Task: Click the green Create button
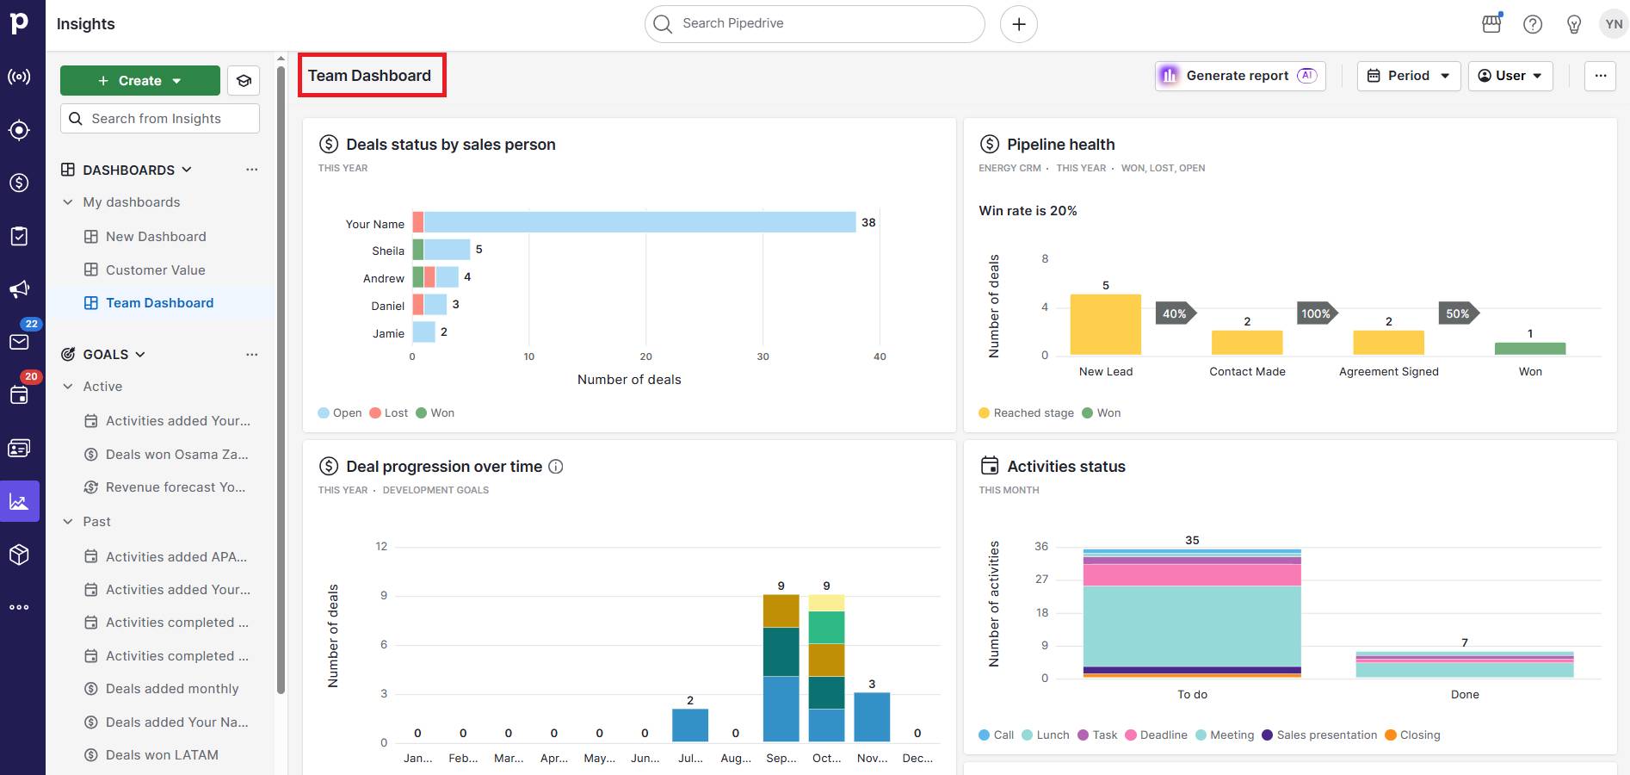coord(139,81)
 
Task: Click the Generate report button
coord(1239,76)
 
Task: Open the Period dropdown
coord(1408,76)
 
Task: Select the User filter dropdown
coord(1510,76)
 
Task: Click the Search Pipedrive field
coord(814,24)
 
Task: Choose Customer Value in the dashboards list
coord(155,270)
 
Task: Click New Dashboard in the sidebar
coord(156,237)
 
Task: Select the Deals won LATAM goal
coord(162,755)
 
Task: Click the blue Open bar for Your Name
coord(639,222)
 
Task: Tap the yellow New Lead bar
coord(1105,325)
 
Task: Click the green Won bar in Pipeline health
coord(1529,349)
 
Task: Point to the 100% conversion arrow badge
coord(1316,313)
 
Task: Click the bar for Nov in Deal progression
coord(872,717)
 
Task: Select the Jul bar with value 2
coord(689,725)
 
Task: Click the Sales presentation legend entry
coord(1326,735)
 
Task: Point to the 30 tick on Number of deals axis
coord(763,356)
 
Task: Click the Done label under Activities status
coord(1464,695)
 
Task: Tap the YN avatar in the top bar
coord(1614,24)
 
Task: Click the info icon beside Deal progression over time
coord(556,467)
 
